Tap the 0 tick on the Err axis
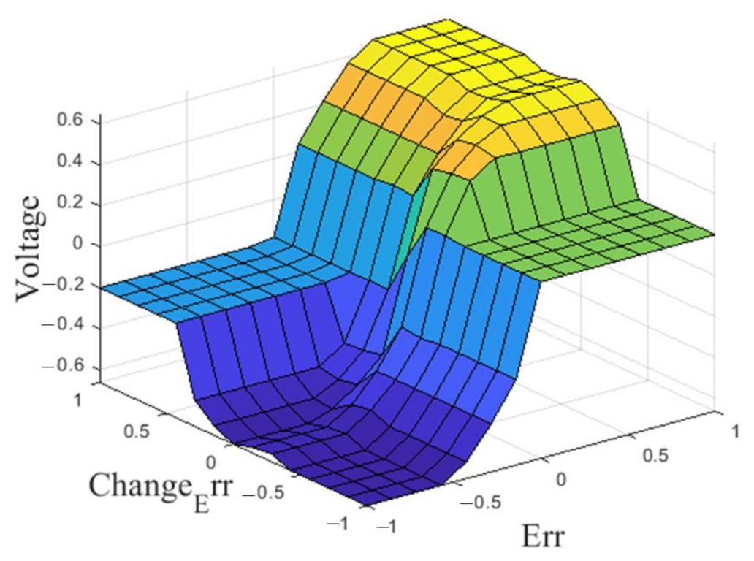tap(561, 479)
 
